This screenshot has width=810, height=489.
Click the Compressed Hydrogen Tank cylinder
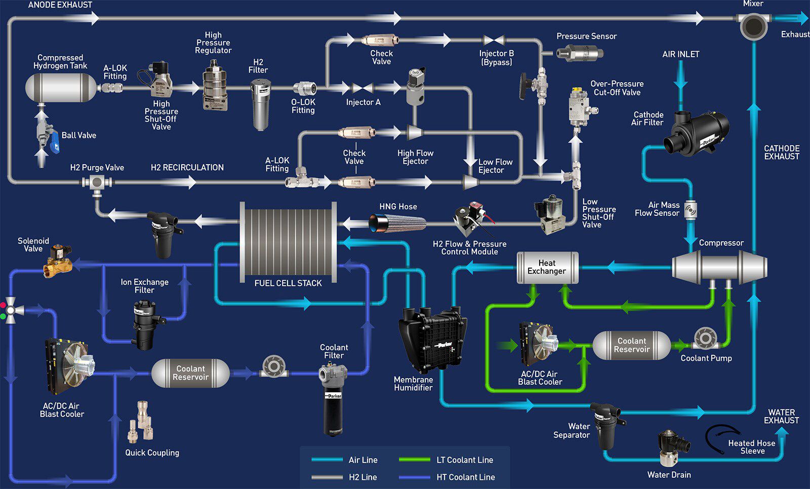[x=61, y=87]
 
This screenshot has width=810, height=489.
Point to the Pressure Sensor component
[x=580, y=52]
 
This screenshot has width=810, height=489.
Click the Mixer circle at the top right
[x=753, y=25]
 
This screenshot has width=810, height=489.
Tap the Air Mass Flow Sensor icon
[x=691, y=209]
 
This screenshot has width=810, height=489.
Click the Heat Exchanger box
[x=547, y=268]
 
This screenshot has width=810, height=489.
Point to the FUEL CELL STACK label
[x=288, y=283]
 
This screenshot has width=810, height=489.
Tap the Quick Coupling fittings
[x=141, y=422]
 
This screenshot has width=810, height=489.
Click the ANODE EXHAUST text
[x=60, y=5]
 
